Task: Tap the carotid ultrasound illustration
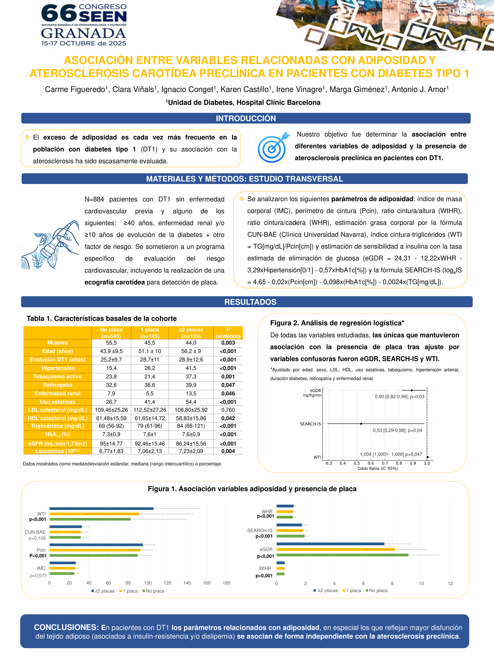[50, 245]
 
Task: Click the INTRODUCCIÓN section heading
[246, 118]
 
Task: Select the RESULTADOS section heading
[250, 302]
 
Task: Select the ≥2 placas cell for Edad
[191, 351]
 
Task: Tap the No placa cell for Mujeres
[111, 343]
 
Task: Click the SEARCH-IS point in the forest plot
[361, 424]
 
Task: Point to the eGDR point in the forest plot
[412, 390]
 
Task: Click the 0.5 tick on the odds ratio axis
[357, 463]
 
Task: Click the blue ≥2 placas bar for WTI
[101, 509]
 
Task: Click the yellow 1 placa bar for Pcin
[95, 550]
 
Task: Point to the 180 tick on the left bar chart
[226, 583]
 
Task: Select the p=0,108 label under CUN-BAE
[37, 538]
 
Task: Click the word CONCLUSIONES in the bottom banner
[66, 627]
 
